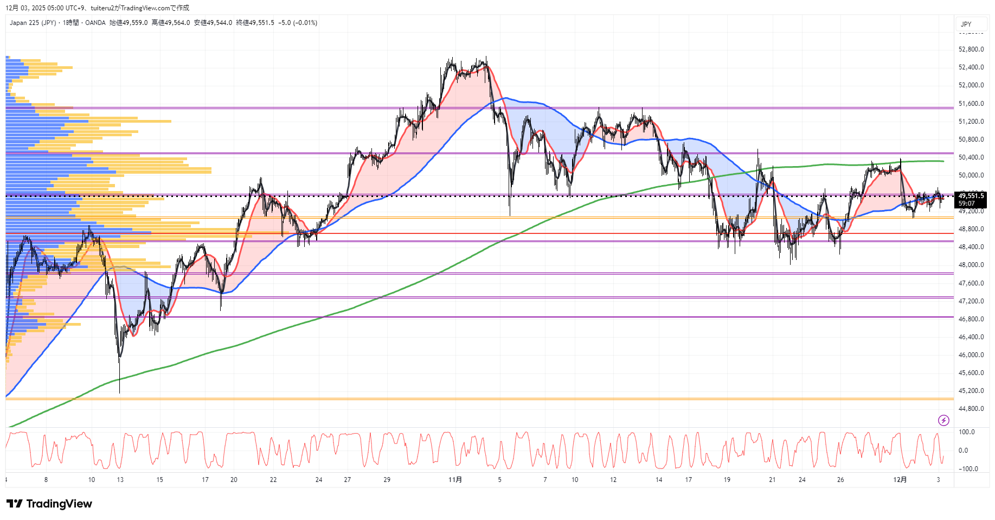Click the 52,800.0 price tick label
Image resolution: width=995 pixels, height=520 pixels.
tap(971, 49)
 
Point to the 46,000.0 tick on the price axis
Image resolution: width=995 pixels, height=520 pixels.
tap(971, 355)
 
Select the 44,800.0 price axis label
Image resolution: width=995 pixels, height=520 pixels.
tap(971, 409)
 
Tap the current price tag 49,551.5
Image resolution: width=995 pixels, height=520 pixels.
tap(971, 196)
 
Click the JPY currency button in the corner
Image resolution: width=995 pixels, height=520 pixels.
tap(966, 24)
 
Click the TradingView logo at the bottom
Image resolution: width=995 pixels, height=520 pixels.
tap(49, 504)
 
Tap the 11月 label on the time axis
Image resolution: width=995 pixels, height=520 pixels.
tap(455, 480)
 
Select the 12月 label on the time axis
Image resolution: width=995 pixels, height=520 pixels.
tap(900, 480)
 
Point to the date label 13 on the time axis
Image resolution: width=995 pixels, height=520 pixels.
tap(120, 480)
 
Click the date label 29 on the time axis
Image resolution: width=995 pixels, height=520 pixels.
tap(387, 480)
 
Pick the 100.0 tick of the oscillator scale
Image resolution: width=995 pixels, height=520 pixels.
tap(967, 432)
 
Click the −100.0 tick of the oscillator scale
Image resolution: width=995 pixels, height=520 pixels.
tap(968, 469)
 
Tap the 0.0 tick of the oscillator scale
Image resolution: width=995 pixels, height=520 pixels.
tap(963, 451)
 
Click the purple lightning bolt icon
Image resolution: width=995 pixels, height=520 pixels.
tap(943, 420)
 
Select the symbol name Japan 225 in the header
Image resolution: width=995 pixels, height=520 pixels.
tap(25, 23)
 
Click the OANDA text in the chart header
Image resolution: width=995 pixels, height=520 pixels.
tap(95, 23)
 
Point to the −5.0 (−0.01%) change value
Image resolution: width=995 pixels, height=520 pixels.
tap(298, 23)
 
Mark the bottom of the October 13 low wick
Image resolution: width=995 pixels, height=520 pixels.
tap(119, 392)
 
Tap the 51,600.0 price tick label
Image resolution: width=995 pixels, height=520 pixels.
tap(971, 104)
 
